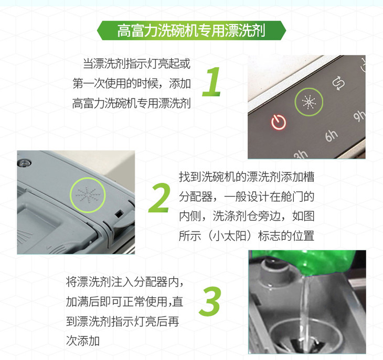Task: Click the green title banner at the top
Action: click(191, 30)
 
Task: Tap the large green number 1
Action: click(212, 82)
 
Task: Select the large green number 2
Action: click(159, 198)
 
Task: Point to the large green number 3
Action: click(210, 301)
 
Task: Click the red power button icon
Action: click(279, 122)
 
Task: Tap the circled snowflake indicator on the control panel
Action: click(308, 102)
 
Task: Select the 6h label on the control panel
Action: click(331, 136)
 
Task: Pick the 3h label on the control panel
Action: click(301, 155)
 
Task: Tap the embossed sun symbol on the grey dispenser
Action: click(88, 195)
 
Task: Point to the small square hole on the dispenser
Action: click(119, 214)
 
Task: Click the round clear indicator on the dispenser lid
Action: click(25, 162)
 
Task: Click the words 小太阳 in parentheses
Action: click(230, 236)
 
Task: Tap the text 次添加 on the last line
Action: click(83, 341)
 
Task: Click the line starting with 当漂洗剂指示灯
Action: click(136, 64)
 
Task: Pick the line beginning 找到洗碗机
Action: click(247, 177)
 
